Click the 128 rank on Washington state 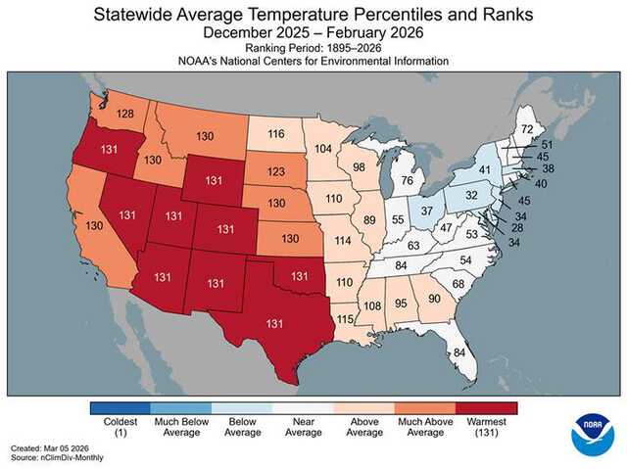124,115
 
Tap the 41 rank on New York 484,169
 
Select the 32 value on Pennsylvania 471,195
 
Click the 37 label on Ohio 426,211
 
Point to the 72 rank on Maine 526,129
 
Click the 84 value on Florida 458,353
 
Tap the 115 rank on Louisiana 344,319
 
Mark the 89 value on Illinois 368,220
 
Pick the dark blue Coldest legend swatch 120,407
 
